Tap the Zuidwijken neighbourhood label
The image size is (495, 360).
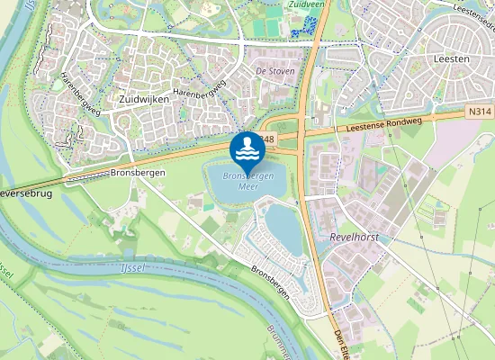coord(144,98)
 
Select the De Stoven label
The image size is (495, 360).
coord(275,70)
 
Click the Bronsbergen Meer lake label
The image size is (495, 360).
coord(247,181)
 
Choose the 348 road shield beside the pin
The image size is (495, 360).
coord(266,140)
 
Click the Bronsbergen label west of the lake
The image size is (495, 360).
coord(134,171)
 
